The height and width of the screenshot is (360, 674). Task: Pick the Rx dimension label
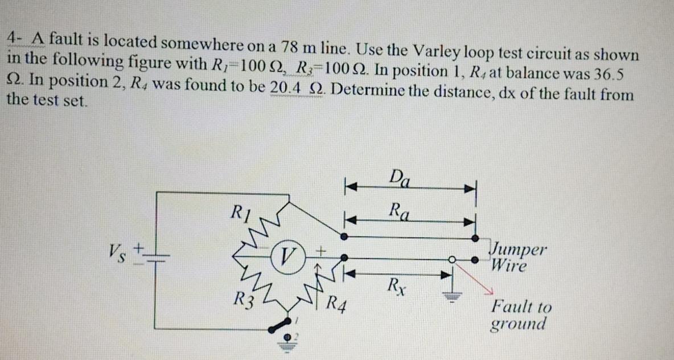point(397,283)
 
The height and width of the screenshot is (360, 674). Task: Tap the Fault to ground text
point(521,315)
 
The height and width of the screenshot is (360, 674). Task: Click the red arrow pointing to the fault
point(474,279)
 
